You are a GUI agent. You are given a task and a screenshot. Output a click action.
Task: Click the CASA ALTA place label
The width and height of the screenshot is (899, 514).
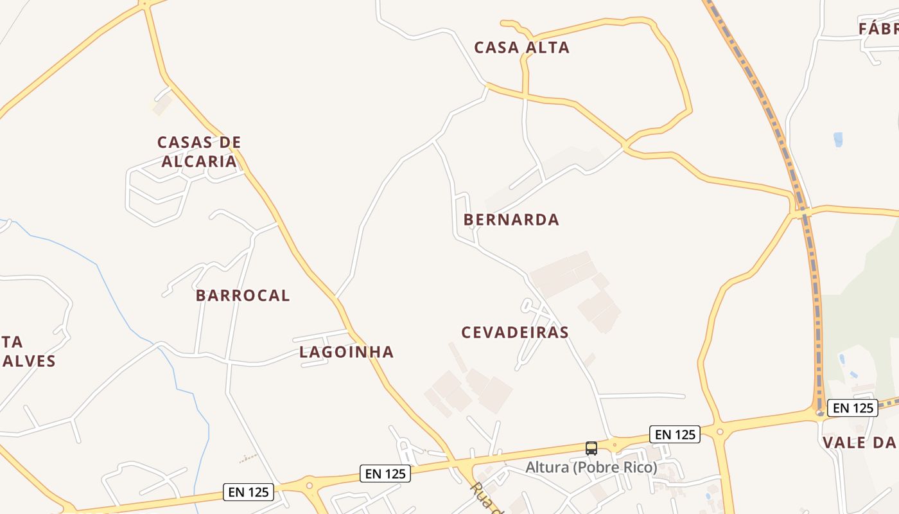tap(521, 48)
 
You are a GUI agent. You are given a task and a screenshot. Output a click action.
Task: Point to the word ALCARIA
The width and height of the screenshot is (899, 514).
tap(199, 161)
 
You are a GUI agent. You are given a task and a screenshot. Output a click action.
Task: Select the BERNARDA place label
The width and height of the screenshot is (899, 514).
tap(511, 220)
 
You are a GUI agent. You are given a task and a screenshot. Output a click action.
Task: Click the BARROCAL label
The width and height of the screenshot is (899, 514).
tap(243, 296)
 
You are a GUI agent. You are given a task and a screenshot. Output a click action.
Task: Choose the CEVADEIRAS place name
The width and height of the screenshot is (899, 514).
tap(515, 332)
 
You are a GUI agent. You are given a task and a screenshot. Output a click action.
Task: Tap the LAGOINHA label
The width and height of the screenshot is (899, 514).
tap(347, 352)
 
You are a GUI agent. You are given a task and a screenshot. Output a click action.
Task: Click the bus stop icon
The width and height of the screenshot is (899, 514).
tap(591, 448)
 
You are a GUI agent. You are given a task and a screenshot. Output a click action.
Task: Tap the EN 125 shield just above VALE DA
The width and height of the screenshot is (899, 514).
tap(852, 407)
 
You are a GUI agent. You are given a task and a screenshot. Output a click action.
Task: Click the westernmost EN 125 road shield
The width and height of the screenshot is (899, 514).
tap(249, 492)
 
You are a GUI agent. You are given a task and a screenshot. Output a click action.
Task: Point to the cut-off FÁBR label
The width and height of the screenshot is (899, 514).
tap(878, 29)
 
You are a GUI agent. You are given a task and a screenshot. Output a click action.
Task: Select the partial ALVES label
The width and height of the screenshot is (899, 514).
tap(29, 361)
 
